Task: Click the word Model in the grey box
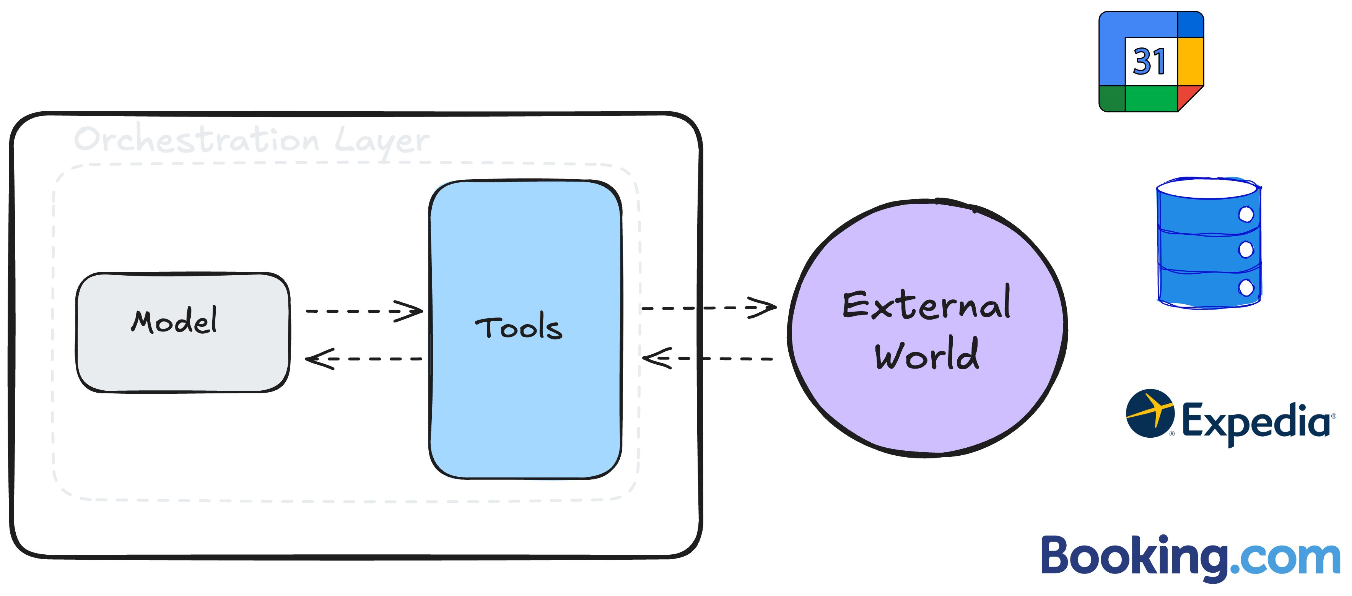(174, 321)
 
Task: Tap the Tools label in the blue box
(519, 328)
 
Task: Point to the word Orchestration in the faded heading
(197, 140)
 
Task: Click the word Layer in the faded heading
(382, 141)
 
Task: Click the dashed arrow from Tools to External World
(709, 308)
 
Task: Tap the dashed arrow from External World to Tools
(709, 359)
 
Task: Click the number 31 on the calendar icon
(1149, 62)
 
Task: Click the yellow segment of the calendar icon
(1190, 61)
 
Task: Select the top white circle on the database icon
(1246, 214)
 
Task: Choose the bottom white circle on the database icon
(1246, 287)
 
